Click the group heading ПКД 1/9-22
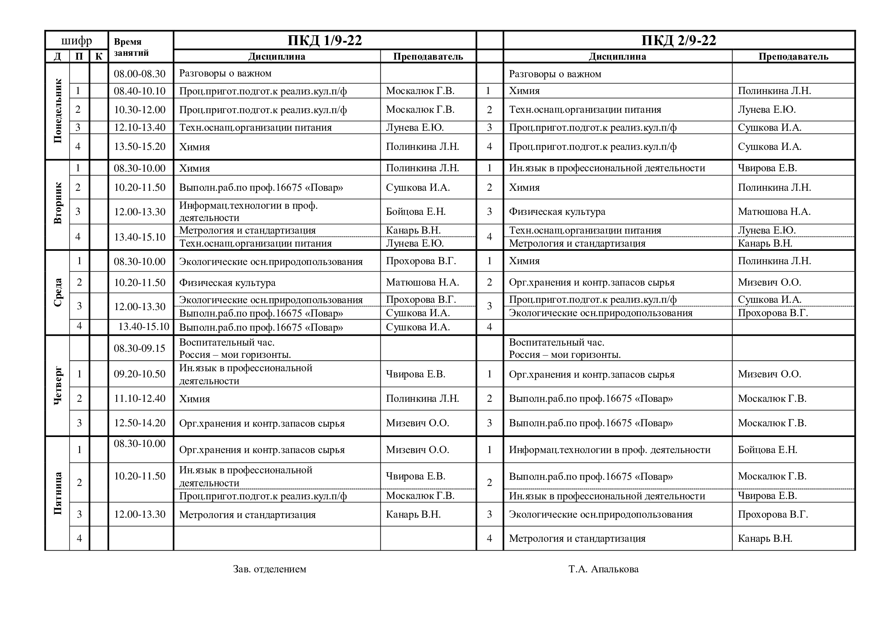click(325, 41)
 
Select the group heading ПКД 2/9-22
click(679, 41)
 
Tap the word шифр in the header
click(76, 41)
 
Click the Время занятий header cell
click(131, 47)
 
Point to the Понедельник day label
click(58, 111)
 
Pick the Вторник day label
click(58, 203)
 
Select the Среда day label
click(58, 292)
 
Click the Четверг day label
click(58, 385)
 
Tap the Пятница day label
click(58, 493)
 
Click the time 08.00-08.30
click(140, 73)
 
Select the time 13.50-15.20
click(140, 146)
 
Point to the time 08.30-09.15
click(140, 348)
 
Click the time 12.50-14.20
click(140, 423)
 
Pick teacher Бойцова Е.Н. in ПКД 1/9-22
click(415, 211)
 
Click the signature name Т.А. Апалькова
click(603, 569)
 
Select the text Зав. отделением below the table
click(269, 569)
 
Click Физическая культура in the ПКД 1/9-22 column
click(227, 282)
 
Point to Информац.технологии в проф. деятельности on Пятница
click(609, 450)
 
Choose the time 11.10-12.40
click(140, 398)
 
